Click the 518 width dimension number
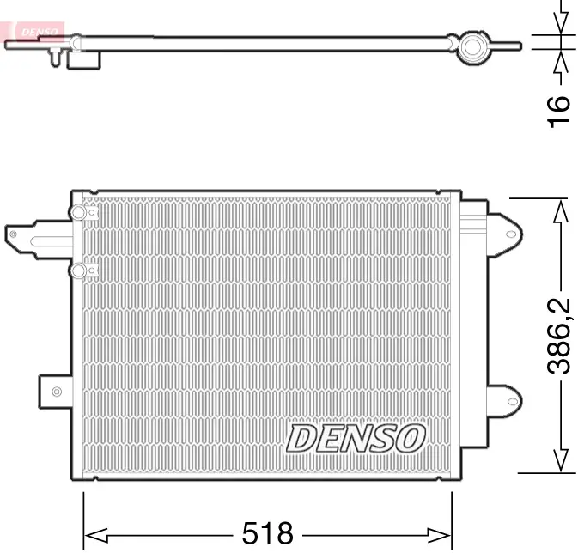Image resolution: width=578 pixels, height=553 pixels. click(x=267, y=532)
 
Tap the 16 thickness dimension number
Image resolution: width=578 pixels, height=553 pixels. click(x=559, y=112)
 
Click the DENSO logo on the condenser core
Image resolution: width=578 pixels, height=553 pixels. click(x=356, y=438)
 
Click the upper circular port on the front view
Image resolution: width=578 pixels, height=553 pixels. click(x=79, y=212)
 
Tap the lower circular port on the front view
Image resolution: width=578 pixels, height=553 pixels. click(x=79, y=271)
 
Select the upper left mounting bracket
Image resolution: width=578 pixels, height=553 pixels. click(x=34, y=234)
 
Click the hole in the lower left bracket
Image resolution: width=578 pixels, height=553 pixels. click(x=57, y=392)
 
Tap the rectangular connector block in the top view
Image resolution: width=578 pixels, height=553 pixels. click(x=86, y=59)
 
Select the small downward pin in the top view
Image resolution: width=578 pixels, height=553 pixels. click(x=56, y=58)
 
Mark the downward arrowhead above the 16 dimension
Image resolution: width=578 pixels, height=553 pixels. click(x=561, y=26)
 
